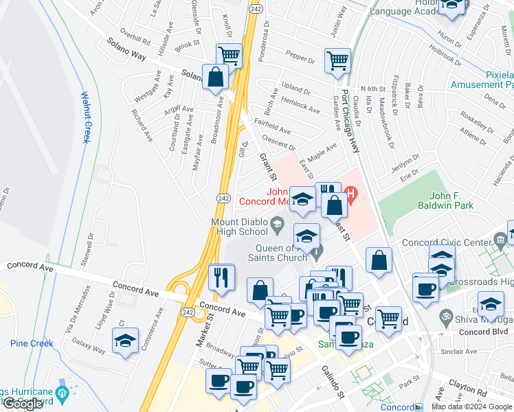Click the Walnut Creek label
[87, 117]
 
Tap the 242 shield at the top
[255, 8]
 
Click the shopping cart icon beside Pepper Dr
[337, 60]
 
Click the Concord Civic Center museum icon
[500, 240]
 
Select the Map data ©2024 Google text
[472, 407]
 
